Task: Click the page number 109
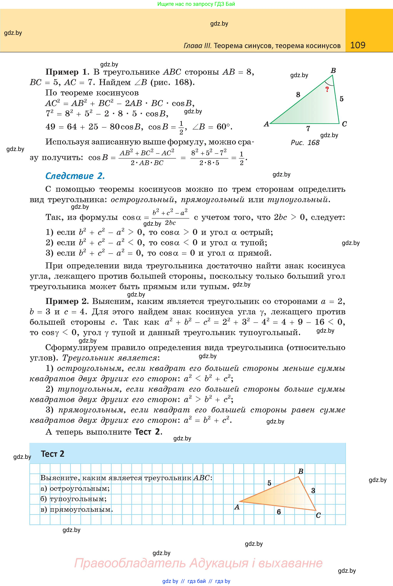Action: [x=358, y=45]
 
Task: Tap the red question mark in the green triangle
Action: [x=327, y=89]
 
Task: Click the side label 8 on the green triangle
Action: [x=298, y=94]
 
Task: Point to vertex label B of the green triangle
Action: [x=333, y=70]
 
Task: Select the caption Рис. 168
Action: [x=305, y=143]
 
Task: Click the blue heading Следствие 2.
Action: [x=75, y=176]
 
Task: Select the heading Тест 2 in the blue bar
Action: [x=53, y=454]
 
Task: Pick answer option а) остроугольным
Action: [x=75, y=488]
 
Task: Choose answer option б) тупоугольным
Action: [x=73, y=499]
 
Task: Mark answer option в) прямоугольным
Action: [x=76, y=509]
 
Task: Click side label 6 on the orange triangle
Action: [x=279, y=512]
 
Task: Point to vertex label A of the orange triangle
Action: [x=237, y=507]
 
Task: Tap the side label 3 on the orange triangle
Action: [x=313, y=491]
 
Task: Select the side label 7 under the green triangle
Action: [x=308, y=129]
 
